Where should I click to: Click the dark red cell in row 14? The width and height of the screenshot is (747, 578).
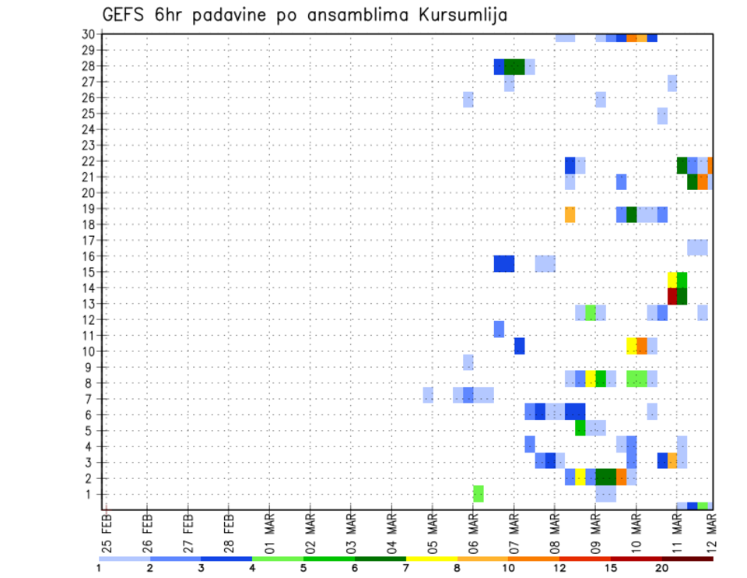pyautogui.click(x=672, y=295)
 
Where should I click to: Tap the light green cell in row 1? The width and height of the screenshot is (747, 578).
pyautogui.click(x=479, y=494)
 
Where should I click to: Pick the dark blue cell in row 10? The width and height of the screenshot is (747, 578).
pyautogui.click(x=519, y=346)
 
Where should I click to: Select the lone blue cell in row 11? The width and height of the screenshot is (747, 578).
pyautogui.click(x=499, y=330)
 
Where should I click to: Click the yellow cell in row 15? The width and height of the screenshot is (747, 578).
pyautogui.click(x=672, y=280)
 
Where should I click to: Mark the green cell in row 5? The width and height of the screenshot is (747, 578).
pyautogui.click(x=580, y=428)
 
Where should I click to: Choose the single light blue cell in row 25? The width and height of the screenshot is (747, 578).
pyautogui.click(x=662, y=115)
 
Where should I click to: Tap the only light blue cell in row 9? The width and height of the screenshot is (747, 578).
pyautogui.click(x=468, y=362)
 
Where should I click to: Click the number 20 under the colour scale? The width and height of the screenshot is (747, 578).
pyautogui.click(x=662, y=568)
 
